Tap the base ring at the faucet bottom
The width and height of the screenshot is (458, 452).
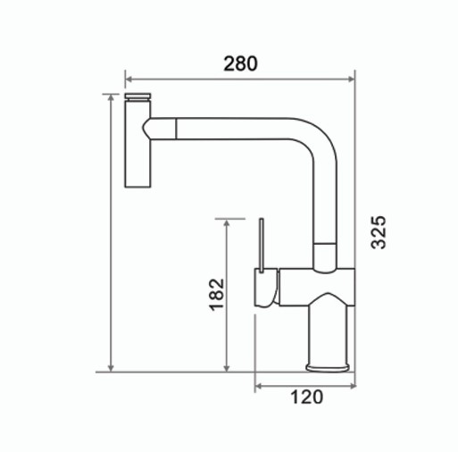[329, 365]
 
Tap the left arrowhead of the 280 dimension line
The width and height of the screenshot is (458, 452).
[128, 77]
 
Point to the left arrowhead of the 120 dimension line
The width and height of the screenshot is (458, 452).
[259, 385]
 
